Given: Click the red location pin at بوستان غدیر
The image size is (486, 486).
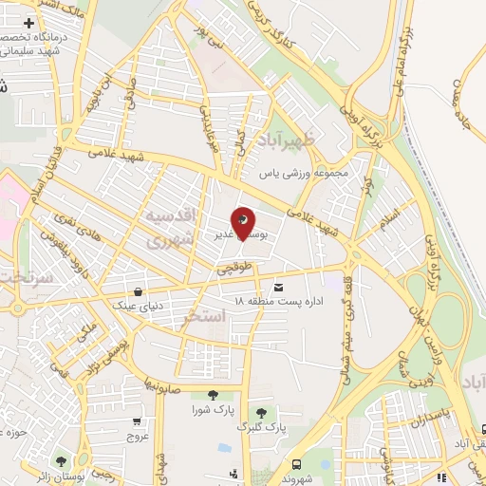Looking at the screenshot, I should tap(245, 222).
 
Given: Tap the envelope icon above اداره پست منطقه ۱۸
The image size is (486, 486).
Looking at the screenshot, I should tap(278, 287).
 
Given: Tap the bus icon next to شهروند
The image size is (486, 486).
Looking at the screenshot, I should tap(297, 464).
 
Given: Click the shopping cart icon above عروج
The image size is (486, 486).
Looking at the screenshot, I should tap(139, 421).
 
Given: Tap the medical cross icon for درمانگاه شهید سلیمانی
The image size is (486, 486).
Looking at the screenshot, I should tap(30, 23).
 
